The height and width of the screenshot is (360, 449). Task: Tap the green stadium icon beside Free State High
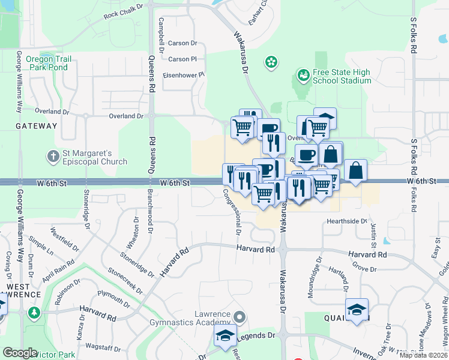click(303, 76)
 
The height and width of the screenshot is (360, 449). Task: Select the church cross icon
click(53, 157)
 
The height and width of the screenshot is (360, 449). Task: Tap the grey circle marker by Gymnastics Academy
click(240, 316)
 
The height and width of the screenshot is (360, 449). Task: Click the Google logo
click(20, 353)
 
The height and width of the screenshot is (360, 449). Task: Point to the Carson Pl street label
click(182, 59)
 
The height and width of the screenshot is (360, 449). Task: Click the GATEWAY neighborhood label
click(37, 126)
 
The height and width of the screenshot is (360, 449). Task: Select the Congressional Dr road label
click(232, 212)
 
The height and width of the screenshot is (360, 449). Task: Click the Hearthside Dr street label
click(346, 221)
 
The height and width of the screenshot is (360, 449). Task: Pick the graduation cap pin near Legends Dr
click(225, 336)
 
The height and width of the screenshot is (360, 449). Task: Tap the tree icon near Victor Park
click(34, 313)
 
